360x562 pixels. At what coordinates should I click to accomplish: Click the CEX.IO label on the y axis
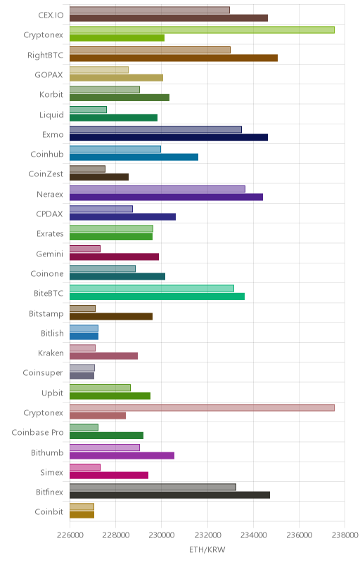51,15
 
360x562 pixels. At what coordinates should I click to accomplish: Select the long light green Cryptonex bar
202,30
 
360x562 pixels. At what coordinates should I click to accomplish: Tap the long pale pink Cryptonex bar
202,408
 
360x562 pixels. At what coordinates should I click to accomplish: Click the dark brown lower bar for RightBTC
174,58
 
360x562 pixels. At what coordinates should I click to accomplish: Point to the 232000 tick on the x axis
207,535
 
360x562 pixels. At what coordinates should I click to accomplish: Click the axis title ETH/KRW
207,550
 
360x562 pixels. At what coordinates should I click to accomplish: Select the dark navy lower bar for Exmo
169,138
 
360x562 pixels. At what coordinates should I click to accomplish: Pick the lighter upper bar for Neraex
157,189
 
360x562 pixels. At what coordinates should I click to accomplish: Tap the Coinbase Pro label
37,433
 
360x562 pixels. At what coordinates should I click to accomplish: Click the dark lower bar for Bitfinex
169,495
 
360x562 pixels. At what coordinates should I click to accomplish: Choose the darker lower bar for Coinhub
134,157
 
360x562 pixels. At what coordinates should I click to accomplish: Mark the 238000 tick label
345,535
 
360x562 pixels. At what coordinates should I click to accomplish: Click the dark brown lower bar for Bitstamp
111,317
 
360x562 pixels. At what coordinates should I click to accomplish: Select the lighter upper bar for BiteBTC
152,289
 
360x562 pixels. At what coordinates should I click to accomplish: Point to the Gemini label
49,254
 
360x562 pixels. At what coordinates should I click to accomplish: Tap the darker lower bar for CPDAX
122,217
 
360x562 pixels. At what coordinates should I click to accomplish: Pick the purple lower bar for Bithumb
122,455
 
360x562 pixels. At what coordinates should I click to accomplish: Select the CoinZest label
46,174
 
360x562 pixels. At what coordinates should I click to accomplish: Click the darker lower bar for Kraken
103,356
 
